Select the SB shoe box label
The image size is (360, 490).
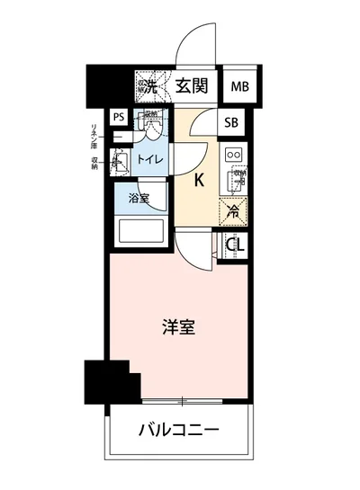pyautogui.click(x=231, y=123)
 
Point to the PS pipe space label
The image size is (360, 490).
pyautogui.click(x=119, y=117)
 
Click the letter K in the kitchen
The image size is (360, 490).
pyautogui.click(x=199, y=179)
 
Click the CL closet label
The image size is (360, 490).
pyautogui.click(x=236, y=245)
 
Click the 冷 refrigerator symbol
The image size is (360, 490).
pyautogui.click(x=232, y=212)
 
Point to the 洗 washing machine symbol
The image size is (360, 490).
pyautogui.click(x=148, y=86)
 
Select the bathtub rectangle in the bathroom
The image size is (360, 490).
pyautogui.click(x=143, y=230)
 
